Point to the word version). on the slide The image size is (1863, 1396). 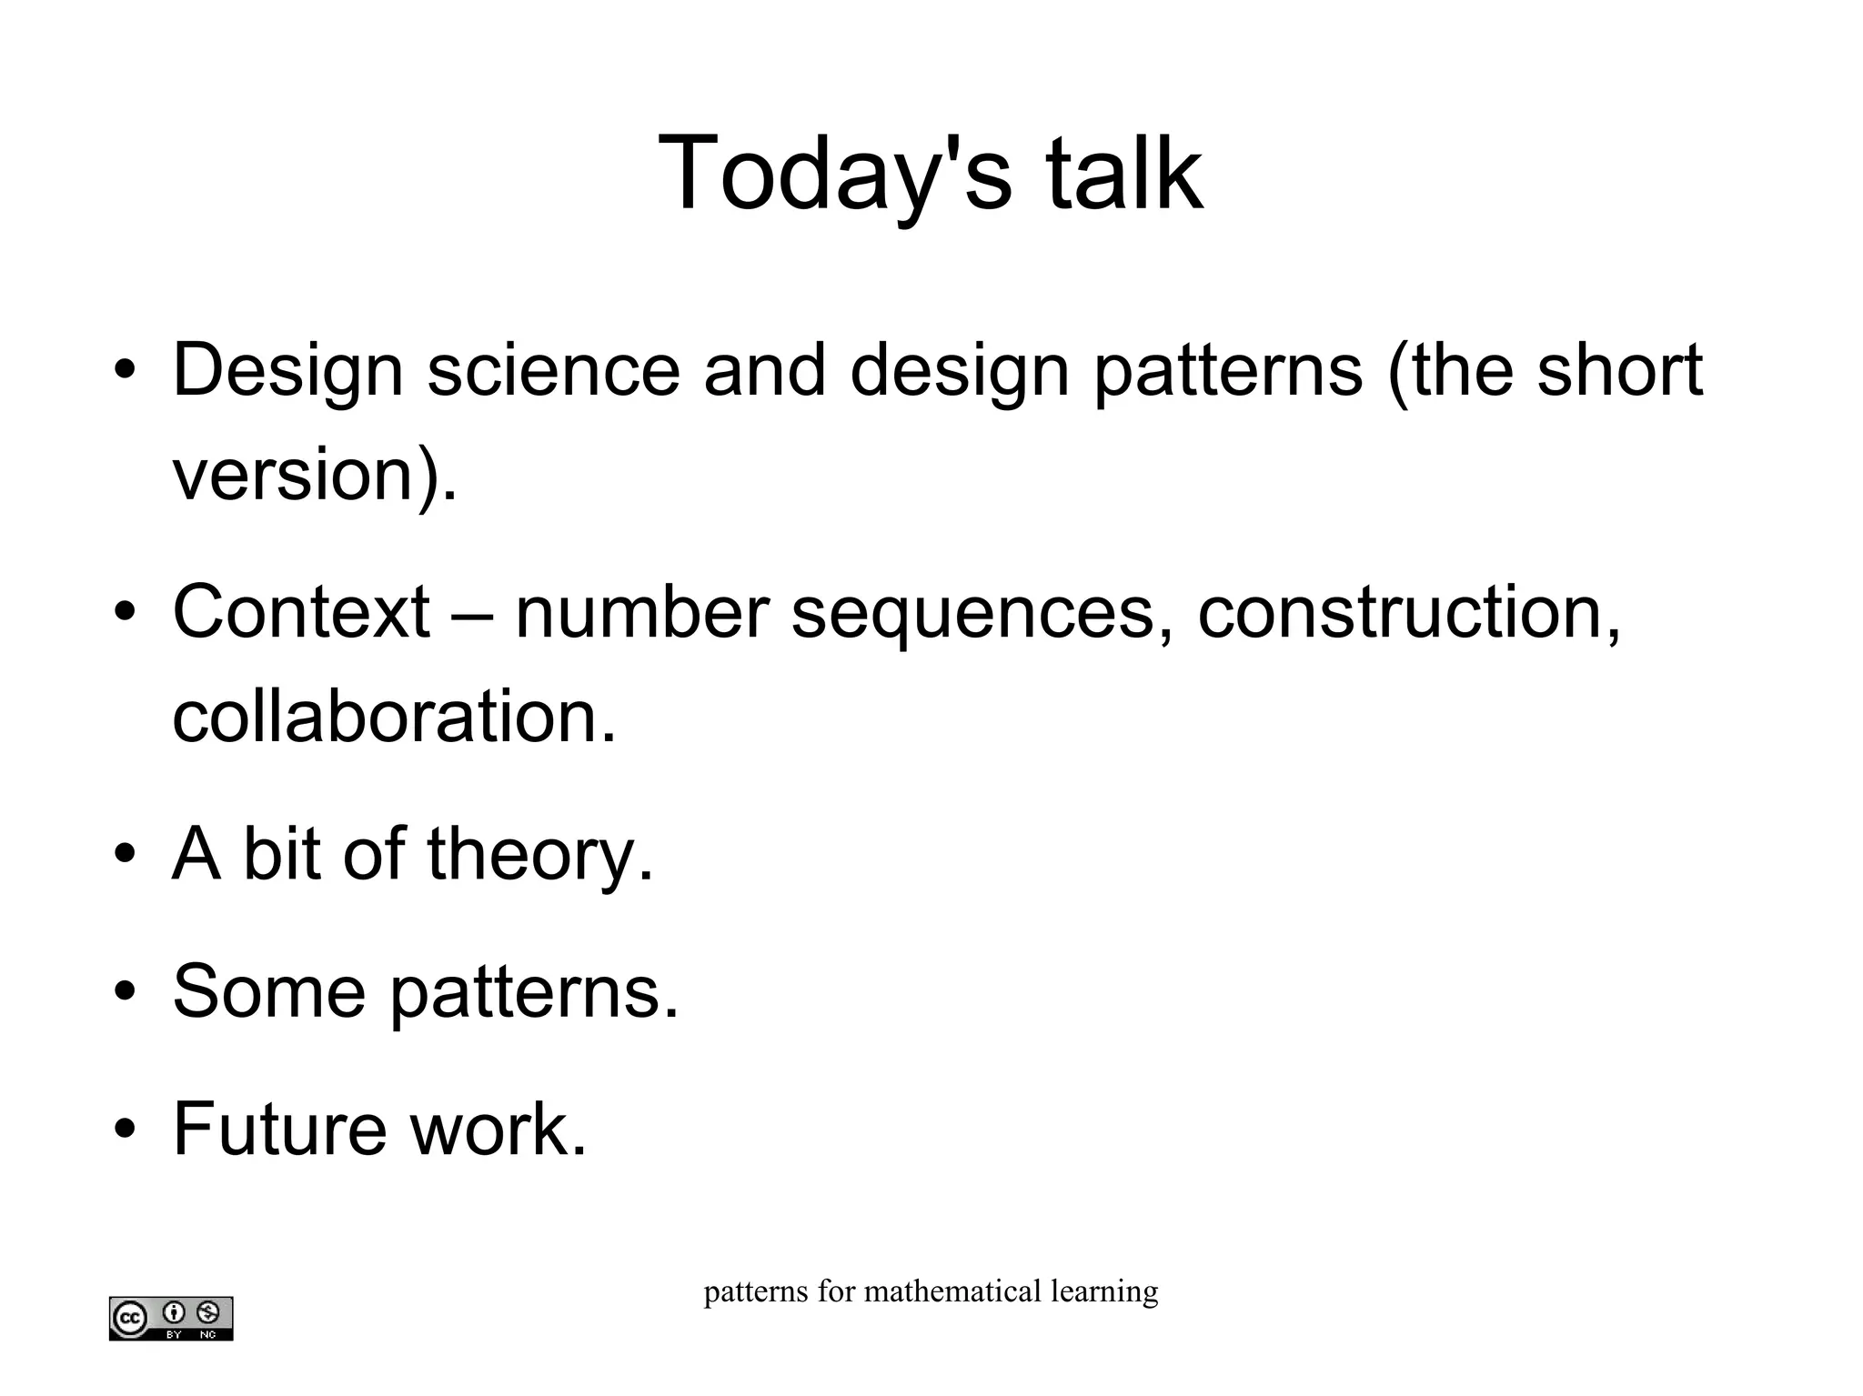(315, 475)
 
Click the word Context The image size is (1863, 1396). (300, 611)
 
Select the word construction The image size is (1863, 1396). (1408, 611)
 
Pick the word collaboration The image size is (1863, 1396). (394, 716)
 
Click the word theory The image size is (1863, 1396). (540, 855)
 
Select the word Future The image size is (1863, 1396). (279, 1129)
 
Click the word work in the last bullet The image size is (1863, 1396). (498, 1129)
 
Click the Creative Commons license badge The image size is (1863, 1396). (171, 1318)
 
